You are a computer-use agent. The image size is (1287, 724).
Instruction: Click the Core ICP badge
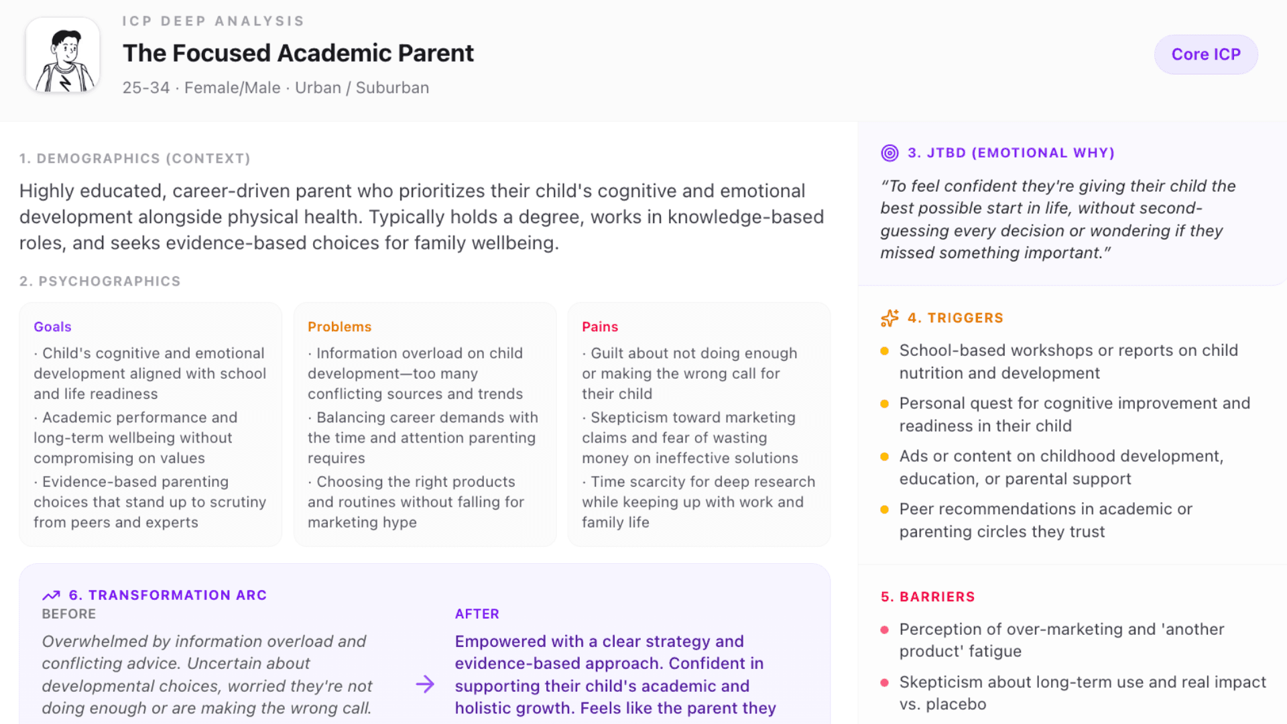(x=1205, y=54)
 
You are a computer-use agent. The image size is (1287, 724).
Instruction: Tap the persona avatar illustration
(x=63, y=55)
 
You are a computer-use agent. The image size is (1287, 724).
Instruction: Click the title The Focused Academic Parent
(x=298, y=53)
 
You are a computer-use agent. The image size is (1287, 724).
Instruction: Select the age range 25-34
(x=145, y=88)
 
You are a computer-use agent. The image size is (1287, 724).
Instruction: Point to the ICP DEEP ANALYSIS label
(x=213, y=21)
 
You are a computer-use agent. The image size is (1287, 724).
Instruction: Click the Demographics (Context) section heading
(x=135, y=158)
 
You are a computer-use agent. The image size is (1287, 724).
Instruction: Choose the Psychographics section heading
(x=100, y=281)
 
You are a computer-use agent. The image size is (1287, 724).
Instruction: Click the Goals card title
(x=52, y=326)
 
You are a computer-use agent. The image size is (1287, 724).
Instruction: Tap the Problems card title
(x=339, y=326)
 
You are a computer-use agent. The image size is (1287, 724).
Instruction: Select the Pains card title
(x=599, y=326)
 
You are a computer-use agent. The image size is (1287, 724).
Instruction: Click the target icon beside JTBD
(x=890, y=153)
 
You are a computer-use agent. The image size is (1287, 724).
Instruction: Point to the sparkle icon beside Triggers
(x=890, y=318)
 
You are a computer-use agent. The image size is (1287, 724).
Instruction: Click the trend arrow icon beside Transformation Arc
(x=51, y=595)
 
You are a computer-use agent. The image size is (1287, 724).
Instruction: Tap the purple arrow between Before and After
(x=425, y=684)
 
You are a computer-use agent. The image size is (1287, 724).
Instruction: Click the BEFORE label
(x=68, y=613)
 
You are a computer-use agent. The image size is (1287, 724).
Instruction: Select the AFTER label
(x=477, y=613)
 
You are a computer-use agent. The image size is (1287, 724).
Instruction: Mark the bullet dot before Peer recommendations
(x=884, y=509)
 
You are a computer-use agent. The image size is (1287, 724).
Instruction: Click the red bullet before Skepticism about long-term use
(x=884, y=682)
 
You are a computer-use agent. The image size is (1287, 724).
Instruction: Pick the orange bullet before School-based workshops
(x=884, y=351)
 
